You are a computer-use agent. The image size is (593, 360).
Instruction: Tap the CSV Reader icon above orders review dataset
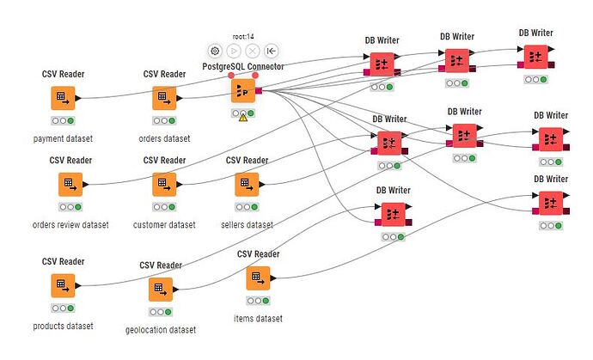(70, 184)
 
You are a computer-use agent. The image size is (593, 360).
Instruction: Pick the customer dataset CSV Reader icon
(163, 184)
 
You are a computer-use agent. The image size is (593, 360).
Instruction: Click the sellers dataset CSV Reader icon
(247, 184)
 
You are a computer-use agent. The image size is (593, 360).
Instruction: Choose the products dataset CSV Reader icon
(63, 284)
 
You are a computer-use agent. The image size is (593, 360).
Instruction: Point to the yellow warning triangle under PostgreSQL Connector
(243, 118)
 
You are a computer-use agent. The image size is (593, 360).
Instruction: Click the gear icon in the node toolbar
(215, 51)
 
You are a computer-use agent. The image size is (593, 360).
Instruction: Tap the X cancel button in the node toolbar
(253, 51)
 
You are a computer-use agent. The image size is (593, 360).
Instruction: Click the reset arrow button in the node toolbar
(272, 51)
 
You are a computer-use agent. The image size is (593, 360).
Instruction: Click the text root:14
(243, 36)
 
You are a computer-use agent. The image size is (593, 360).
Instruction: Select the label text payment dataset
(63, 138)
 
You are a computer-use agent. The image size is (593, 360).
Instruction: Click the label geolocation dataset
(160, 330)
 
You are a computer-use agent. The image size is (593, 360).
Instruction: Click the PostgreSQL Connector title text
(243, 66)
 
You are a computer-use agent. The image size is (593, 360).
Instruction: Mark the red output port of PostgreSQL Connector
(259, 89)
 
